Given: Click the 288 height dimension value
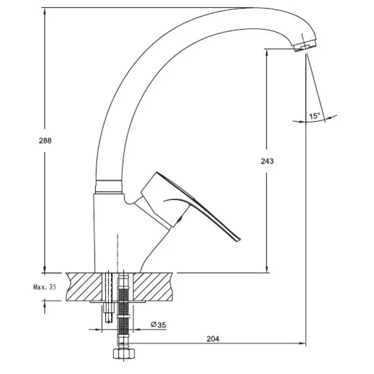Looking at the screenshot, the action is tap(45, 141).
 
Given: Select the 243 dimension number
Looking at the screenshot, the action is tap(267, 161).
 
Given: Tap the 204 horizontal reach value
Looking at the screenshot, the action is tap(213, 338).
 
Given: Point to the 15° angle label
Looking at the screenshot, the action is tap(314, 116).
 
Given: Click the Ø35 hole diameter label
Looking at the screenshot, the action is tap(158, 324).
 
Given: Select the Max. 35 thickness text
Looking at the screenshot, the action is tap(44, 287).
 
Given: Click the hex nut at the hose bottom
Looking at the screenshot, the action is tap(124, 353).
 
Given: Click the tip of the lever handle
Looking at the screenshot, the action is tap(238, 240).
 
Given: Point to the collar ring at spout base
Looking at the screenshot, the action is tap(109, 186).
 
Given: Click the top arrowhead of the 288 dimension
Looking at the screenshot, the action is tap(44, 11).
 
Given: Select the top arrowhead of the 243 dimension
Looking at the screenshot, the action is tap(266, 52).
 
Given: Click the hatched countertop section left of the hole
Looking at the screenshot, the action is tap(84, 287).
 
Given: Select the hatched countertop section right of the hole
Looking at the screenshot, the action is tap(153, 287).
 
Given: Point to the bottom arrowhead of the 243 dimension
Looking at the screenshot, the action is tap(266, 269).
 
